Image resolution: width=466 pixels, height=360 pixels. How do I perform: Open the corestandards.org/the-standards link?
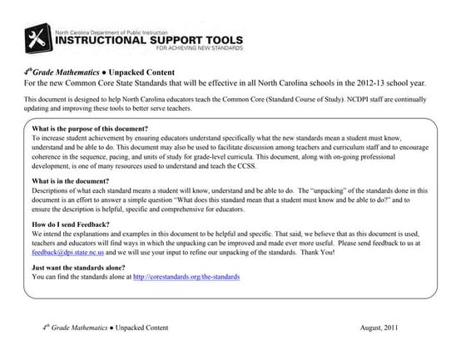click(x=186, y=277)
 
